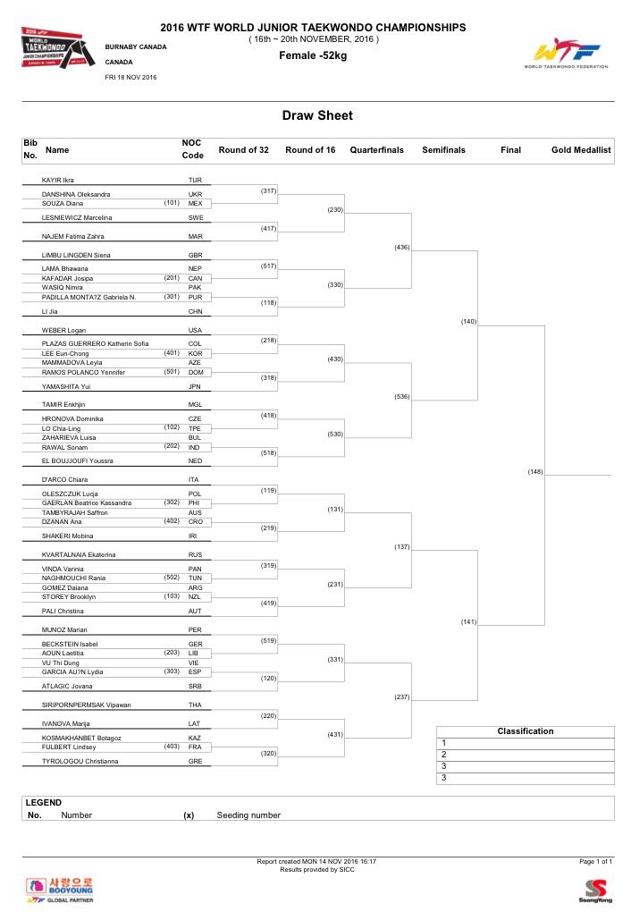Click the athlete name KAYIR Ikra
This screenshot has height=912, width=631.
click(58, 180)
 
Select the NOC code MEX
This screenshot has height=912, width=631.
click(195, 203)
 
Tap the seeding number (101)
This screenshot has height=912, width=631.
click(172, 202)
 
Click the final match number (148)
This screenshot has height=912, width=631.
click(535, 471)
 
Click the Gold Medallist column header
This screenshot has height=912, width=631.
click(581, 150)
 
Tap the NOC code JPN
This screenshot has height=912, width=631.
click(195, 386)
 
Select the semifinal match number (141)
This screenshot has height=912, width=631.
click(468, 621)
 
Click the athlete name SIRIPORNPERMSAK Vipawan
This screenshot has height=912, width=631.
click(87, 705)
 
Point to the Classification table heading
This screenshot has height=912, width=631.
click(525, 731)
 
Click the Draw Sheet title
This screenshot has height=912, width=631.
click(317, 115)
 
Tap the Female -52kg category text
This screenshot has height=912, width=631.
click(312, 56)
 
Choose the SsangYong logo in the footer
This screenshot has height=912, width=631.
click(596, 890)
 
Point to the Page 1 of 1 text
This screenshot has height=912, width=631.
click(596, 861)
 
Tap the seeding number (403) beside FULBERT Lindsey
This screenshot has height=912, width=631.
click(172, 746)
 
